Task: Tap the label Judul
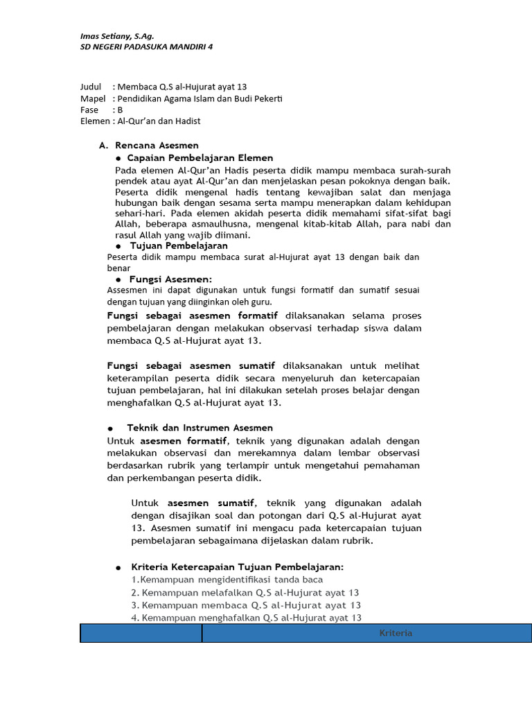point(91,87)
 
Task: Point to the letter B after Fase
point(120,110)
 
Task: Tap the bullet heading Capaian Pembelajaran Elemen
point(201,158)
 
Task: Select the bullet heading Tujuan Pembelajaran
point(179,245)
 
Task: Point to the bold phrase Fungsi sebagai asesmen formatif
point(189,315)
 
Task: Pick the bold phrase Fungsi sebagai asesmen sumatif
point(191,365)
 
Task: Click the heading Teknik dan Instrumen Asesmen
point(200,428)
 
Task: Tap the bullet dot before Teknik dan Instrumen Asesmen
point(110,428)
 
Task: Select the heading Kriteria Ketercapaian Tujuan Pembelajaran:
point(237,567)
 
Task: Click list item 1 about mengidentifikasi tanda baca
point(227,579)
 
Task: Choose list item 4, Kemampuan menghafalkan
point(246,617)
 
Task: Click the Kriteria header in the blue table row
point(396,633)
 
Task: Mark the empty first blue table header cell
point(141,633)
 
